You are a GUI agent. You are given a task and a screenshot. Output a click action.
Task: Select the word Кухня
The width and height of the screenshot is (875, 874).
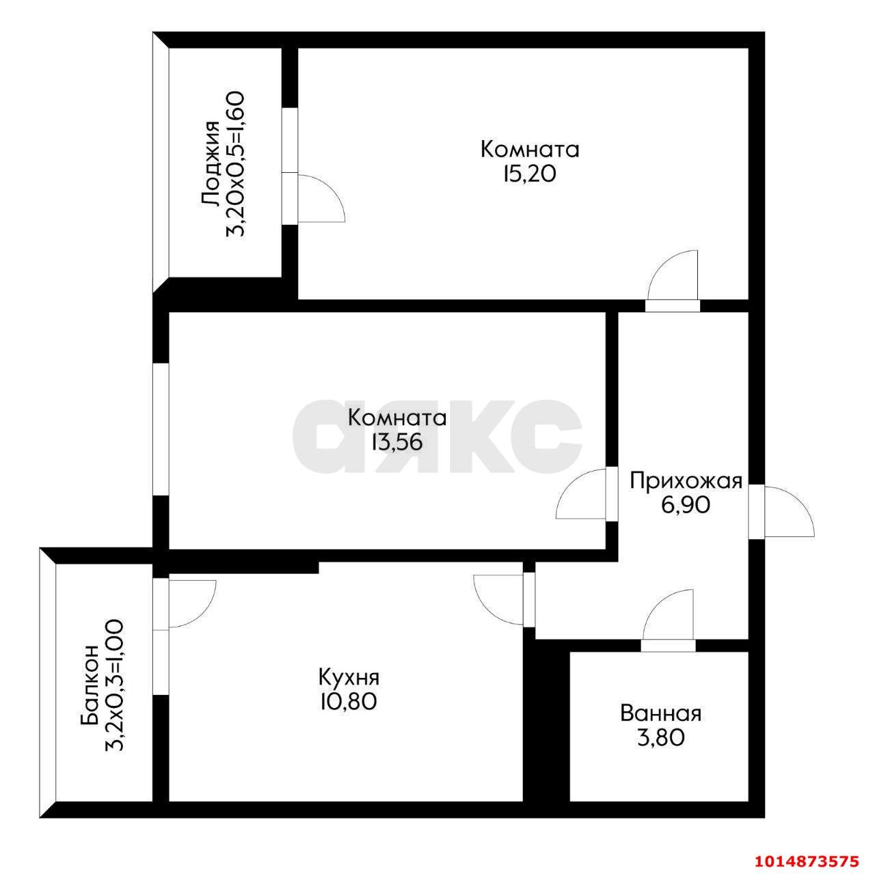(x=349, y=678)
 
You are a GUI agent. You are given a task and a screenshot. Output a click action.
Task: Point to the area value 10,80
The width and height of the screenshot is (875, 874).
(x=349, y=702)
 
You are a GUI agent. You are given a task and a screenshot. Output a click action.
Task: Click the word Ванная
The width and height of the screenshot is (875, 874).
(x=660, y=714)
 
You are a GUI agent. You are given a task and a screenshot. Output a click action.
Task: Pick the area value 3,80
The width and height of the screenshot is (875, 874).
(x=660, y=738)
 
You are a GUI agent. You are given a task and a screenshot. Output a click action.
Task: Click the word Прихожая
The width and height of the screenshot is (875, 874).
(x=686, y=480)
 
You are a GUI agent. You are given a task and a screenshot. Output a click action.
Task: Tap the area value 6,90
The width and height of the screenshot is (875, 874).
(x=686, y=505)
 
